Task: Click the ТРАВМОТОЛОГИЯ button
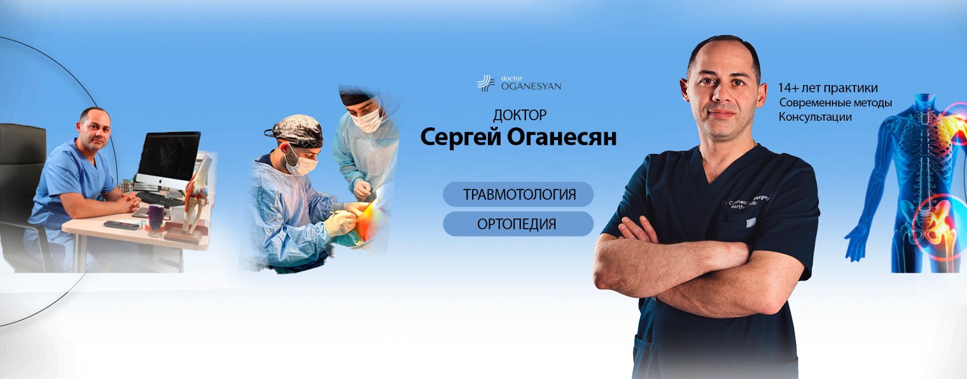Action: click(x=518, y=194)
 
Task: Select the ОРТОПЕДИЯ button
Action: click(x=518, y=224)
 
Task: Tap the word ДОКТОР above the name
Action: click(x=519, y=116)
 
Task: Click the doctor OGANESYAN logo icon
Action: click(x=486, y=83)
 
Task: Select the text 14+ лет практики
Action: click(x=827, y=88)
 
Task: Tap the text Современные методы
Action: click(x=835, y=102)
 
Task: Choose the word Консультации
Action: click(x=814, y=117)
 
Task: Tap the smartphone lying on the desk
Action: click(x=121, y=224)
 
